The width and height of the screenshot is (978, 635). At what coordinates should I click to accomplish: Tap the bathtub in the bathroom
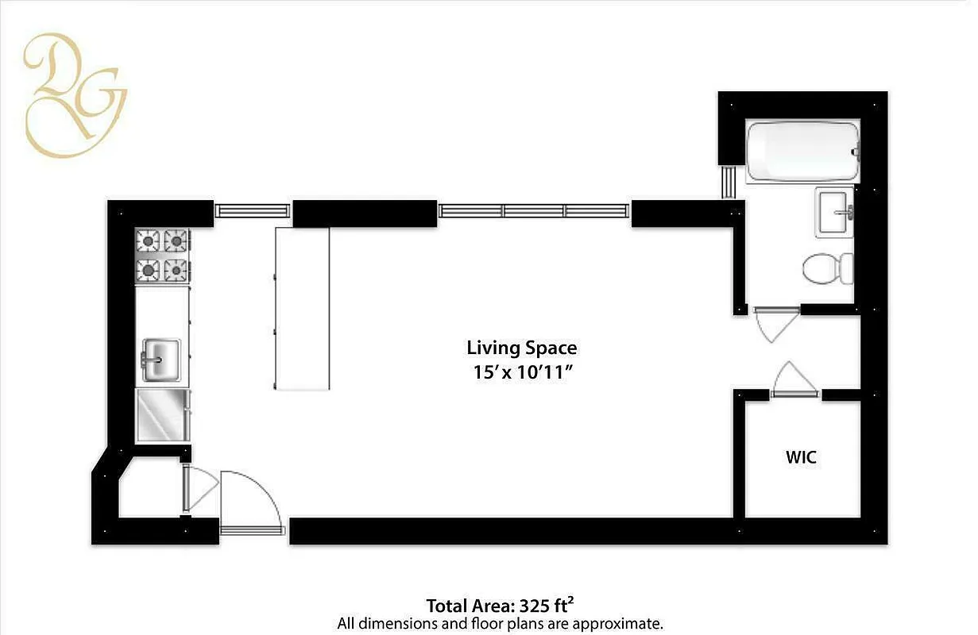(x=802, y=151)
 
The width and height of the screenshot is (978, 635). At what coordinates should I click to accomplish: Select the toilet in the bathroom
(x=827, y=268)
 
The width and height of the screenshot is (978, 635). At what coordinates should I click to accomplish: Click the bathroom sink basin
(x=834, y=211)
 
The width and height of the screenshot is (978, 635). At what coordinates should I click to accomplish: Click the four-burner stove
(x=162, y=255)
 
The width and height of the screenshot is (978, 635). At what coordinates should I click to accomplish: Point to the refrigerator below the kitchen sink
(x=163, y=414)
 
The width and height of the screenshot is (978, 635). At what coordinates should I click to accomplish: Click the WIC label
(x=801, y=458)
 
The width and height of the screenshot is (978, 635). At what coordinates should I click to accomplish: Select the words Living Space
(x=521, y=348)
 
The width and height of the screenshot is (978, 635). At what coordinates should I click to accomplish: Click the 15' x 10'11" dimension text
(x=521, y=373)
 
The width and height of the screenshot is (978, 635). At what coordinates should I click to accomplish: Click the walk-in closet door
(x=794, y=379)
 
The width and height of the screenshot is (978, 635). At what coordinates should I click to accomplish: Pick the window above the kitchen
(x=252, y=210)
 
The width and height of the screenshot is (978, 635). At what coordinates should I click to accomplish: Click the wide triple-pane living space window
(x=534, y=210)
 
